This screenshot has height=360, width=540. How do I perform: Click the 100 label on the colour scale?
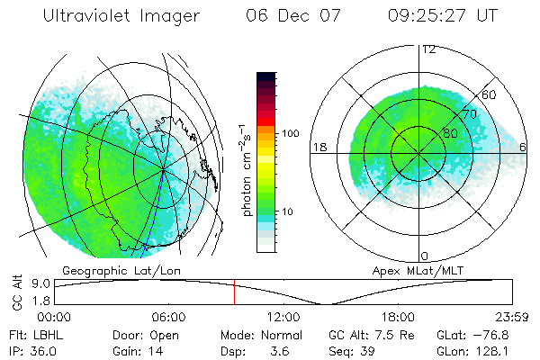[290, 133]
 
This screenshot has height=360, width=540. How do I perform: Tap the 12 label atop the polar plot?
[428, 49]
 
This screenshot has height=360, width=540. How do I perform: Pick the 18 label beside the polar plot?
[318, 147]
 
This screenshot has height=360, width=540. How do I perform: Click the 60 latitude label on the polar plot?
[490, 94]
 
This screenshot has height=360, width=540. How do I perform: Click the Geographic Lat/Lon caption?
[106, 270]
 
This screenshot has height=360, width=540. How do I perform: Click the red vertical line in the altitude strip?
[234, 292]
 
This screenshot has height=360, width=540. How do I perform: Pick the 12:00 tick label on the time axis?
[283, 317]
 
